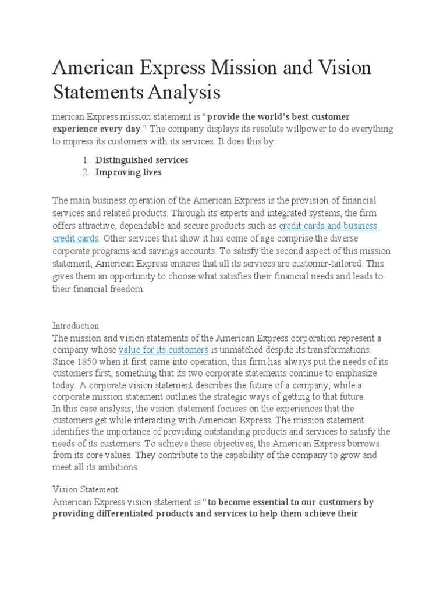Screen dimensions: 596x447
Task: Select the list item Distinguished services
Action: point(141,159)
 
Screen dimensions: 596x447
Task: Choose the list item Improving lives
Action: point(129,172)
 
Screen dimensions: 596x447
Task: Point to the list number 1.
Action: point(84,159)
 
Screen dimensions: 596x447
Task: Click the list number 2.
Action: point(84,172)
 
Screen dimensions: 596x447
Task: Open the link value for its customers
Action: point(164,350)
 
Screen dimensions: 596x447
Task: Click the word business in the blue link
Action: point(360,225)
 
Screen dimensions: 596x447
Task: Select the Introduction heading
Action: point(76,325)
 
